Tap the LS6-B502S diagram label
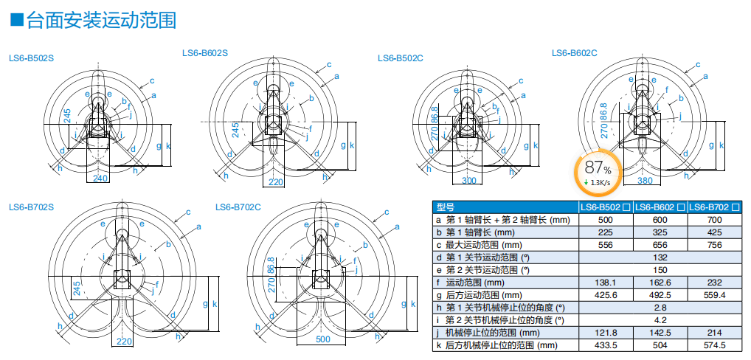pyautogui.click(x=31, y=58)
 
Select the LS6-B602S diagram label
pyautogui.click(x=205, y=52)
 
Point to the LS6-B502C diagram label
pyautogui.click(x=401, y=58)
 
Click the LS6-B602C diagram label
pyautogui.click(x=575, y=52)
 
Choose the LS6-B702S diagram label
pyautogui.click(x=31, y=207)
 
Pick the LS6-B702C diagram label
pyautogui.click(x=238, y=207)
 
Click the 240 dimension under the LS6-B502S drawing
pyautogui.click(x=100, y=178)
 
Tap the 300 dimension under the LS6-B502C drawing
pyautogui.click(x=469, y=181)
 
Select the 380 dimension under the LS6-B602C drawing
pyautogui.click(x=644, y=180)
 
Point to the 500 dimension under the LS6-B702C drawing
pyautogui.click(x=323, y=339)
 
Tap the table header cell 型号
pyautogui.click(x=446, y=207)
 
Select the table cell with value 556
pyautogui.click(x=604, y=245)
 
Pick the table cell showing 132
pyautogui.click(x=660, y=257)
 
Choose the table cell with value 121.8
pyautogui.click(x=604, y=333)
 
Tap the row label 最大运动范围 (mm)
pyautogui.click(x=479, y=245)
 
